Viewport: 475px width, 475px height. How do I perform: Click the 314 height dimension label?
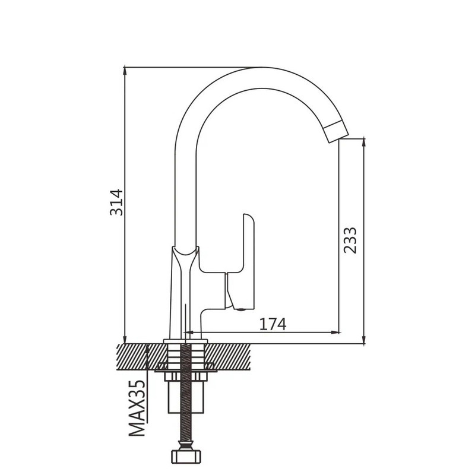116,202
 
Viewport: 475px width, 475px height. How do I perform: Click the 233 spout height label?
350,240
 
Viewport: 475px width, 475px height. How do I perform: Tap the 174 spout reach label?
273,324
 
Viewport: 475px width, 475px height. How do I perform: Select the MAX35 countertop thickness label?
137,408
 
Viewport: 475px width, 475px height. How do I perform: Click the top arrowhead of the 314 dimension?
125,71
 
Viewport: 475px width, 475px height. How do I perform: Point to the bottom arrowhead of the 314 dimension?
125,339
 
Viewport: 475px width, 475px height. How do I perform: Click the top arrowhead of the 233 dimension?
364,143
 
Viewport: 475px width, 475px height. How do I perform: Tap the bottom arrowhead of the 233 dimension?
364,340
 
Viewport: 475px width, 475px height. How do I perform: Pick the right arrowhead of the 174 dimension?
335,332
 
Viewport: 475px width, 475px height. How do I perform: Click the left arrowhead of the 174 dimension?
189,332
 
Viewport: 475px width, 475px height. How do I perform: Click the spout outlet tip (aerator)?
336,131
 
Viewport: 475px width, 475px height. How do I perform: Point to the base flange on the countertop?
185,341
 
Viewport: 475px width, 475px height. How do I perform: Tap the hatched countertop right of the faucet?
228,357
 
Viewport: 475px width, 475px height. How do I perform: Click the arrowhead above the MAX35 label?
147,349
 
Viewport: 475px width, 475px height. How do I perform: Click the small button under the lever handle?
242,309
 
